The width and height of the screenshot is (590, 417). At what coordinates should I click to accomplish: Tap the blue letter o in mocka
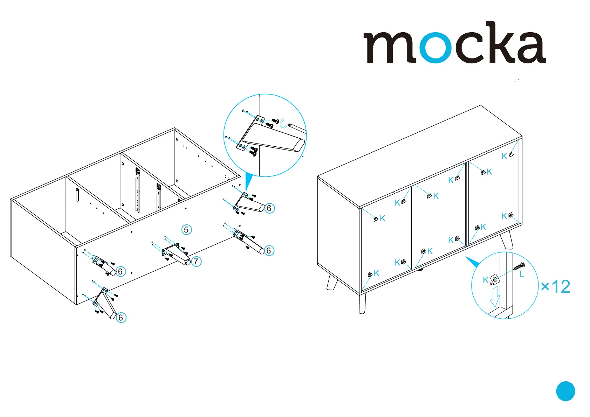435,48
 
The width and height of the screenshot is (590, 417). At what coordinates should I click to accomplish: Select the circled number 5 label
186,230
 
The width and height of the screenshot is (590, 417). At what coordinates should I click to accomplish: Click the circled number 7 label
196,261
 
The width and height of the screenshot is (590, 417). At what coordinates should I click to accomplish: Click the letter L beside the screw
522,274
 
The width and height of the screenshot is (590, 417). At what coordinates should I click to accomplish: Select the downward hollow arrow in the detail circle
495,296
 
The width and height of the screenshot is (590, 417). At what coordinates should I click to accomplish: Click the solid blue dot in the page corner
565,391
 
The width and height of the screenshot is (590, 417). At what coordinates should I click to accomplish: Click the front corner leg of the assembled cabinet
362,303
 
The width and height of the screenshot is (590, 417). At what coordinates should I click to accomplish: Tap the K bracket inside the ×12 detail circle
494,279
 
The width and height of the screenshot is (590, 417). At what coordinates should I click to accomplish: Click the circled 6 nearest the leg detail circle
269,208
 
